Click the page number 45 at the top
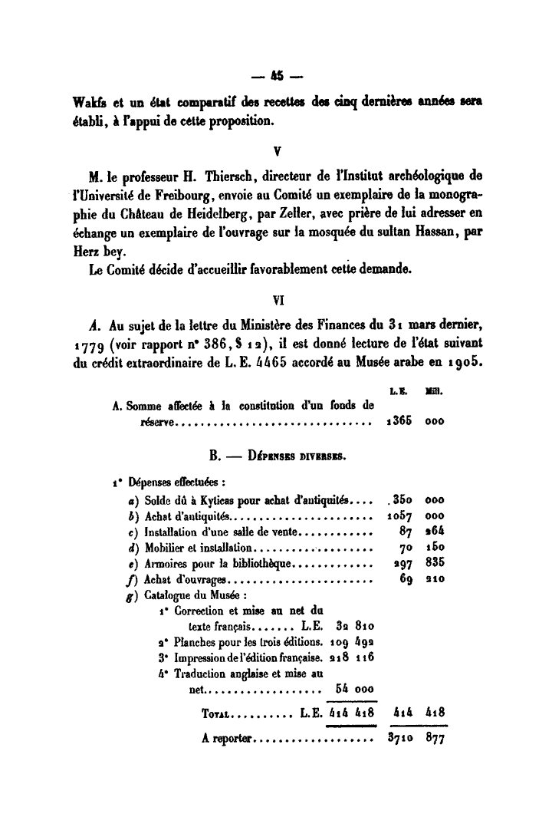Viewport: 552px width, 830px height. point(275,76)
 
